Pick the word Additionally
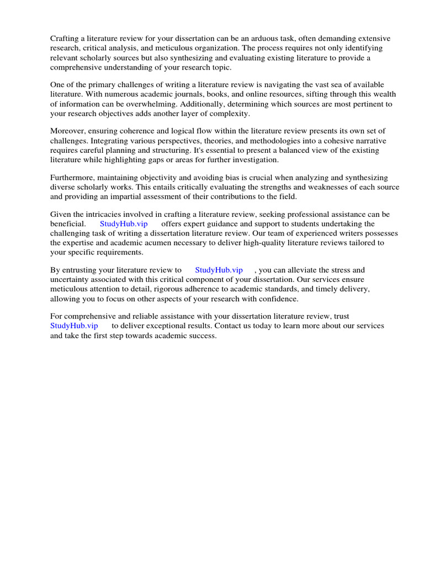[220, 104]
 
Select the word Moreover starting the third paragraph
[67, 131]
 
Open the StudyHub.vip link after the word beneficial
[124, 224]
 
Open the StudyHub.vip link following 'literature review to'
[219, 270]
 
